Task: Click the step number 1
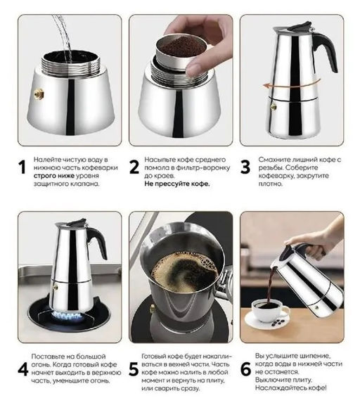click(x=22, y=167)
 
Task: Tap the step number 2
click(x=134, y=167)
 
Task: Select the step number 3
click(x=245, y=167)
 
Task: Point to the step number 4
click(x=23, y=369)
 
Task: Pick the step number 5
click(x=134, y=369)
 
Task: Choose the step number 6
click(x=245, y=369)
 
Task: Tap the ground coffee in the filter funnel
click(x=182, y=46)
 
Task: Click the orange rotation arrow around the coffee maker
click(x=291, y=85)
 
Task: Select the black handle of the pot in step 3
click(x=326, y=50)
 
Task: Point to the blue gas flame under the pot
click(x=67, y=316)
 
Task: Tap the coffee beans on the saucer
click(x=278, y=323)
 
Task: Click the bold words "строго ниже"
click(x=54, y=175)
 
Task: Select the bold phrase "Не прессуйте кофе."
click(x=177, y=184)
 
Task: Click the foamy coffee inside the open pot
click(x=185, y=272)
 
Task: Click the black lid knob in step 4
click(x=77, y=222)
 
